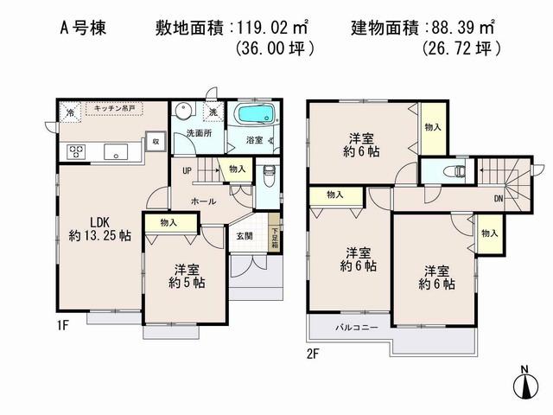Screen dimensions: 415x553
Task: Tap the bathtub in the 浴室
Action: tap(254, 115)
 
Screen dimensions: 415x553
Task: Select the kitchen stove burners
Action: tap(75, 151)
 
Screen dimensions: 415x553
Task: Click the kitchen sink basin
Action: tap(115, 152)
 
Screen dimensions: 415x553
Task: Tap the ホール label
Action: tap(204, 201)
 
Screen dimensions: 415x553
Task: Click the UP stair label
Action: tap(187, 170)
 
